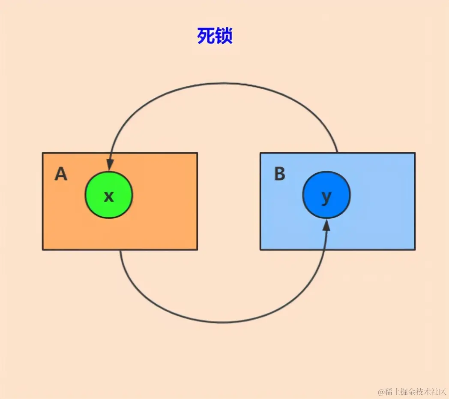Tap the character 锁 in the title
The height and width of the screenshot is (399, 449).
[224, 36]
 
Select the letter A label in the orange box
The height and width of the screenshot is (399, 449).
[61, 174]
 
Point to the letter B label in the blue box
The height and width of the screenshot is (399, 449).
[279, 174]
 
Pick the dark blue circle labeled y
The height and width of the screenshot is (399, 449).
[326, 195]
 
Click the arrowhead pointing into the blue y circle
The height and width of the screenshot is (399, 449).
[326, 224]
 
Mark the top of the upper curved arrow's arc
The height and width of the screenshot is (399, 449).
[223, 83]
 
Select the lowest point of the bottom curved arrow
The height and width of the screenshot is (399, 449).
[223, 322]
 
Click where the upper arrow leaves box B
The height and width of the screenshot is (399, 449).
[337, 153]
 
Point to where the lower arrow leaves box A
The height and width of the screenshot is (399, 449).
[120, 250]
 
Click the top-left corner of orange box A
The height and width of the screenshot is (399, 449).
[43, 153]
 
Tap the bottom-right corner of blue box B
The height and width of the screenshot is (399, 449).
[415, 249]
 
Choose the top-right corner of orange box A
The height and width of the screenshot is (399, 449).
[197, 153]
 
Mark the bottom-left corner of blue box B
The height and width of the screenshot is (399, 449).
[260, 249]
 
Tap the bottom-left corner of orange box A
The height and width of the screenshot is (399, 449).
[43, 249]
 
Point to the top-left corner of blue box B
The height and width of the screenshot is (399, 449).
[260, 153]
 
